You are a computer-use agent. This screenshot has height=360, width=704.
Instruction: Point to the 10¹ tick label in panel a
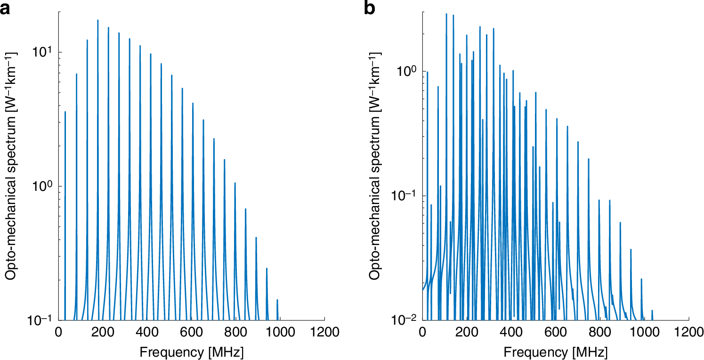tap(43, 51)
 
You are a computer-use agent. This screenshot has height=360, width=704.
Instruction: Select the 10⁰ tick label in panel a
tap(43, 186)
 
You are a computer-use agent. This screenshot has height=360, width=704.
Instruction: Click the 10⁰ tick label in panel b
tap(407, 71)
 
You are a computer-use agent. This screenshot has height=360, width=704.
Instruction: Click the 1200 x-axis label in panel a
tap(324, 333)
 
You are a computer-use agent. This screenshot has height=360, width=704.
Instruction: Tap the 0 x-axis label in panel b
tap(422, 333)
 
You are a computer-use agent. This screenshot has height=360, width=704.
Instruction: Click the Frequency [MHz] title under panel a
tap(191, 352)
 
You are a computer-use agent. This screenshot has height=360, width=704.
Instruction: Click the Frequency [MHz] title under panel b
tap(556, 352)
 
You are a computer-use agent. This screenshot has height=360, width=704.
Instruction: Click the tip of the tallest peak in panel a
tap(98, 20)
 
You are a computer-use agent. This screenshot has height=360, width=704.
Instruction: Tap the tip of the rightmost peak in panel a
tap(277, 300)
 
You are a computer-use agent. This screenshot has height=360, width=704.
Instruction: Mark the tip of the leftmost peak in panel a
tap(65, 112)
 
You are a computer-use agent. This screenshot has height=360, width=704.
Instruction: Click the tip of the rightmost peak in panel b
tap(652, 311)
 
